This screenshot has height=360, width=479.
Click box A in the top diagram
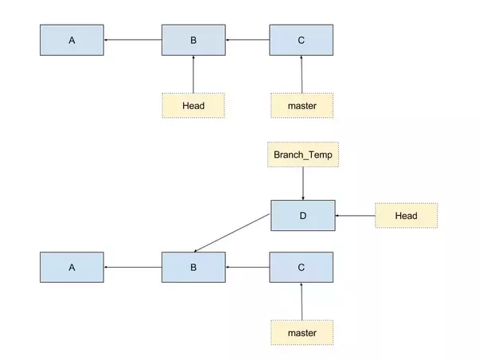click(x=72, y=40)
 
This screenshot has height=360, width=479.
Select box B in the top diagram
click(x=193, y=40)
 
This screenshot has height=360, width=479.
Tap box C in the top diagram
click(x=302, y=40)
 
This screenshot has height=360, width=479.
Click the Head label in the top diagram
click(x=193, y=105)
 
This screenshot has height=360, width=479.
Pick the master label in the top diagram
click(x=302, y=105)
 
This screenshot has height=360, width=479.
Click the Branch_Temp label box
click(x=302, y=155)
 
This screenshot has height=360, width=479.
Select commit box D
click(x=302, y=215)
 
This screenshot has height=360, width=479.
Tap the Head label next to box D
click(x=407, y=216)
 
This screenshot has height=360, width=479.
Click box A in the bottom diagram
click(x=72, y=268)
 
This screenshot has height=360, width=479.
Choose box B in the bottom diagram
click(x=193, y=268)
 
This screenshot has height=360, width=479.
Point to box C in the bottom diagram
click(x=302, y=268)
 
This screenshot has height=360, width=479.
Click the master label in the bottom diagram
click(x=302, y=332)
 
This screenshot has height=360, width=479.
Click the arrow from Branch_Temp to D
click(x=302, y=183)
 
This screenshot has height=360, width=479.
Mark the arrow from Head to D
click(x=355, y=216)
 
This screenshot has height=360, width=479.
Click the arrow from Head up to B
click(x=193, y=74)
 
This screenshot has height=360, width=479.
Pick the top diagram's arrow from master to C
click(x=302, y=74)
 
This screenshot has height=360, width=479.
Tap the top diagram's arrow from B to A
click(x=133, y=40)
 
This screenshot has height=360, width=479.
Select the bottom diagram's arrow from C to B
click(x=247, y=268)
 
